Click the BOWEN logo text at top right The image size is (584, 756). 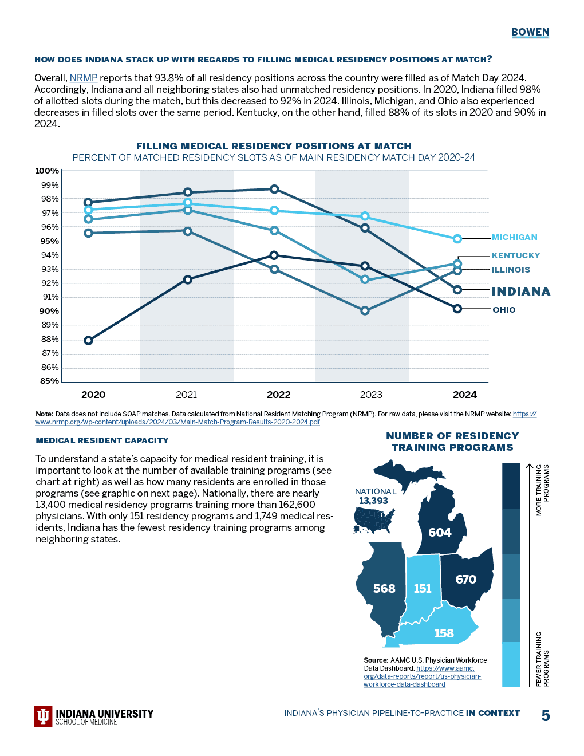530,32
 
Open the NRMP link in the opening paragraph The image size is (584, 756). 84,78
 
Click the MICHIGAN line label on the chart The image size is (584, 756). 514,237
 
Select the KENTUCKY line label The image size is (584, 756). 515,255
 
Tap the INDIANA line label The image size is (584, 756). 520,292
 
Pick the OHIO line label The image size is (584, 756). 504,310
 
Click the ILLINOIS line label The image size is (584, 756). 511,270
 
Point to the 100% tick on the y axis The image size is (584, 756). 47,171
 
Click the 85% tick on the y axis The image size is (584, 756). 49,381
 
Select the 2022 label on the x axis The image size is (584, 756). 279,395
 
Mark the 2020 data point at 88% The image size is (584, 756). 88,341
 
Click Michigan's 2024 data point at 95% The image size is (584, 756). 457,239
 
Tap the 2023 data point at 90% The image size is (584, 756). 365,311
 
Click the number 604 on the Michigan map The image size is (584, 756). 440,533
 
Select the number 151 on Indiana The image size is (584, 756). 423,589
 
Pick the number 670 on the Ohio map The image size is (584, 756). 465,580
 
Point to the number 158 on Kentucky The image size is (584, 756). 444,633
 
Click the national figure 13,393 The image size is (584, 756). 373,501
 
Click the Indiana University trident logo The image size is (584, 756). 44,716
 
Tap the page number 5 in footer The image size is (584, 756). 546,715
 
